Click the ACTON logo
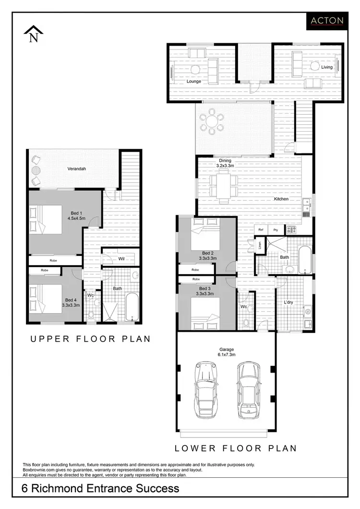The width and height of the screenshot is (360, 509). (327, 20)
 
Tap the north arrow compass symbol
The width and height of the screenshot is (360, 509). (34, 35)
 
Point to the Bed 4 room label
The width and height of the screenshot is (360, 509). (71, 302)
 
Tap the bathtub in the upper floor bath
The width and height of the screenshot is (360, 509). (132, 308)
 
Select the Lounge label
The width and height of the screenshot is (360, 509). (194, 81)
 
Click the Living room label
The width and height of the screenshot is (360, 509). (327, 67)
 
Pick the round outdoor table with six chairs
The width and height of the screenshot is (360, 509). (212, 121)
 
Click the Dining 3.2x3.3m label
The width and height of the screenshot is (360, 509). (225, 163)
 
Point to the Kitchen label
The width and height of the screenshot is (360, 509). (281, 199)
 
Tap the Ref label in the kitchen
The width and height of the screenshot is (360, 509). (261, 230)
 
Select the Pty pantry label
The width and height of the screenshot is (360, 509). (276, 230)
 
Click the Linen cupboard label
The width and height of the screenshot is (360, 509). (259, 246)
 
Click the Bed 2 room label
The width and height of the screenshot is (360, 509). (208, 255)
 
